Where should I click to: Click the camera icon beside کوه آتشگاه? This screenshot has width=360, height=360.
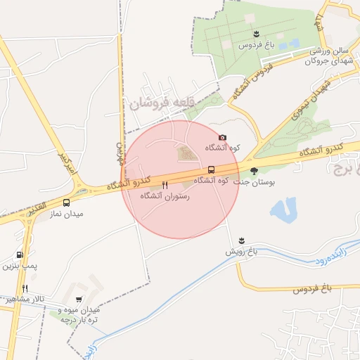[x=223, y=138]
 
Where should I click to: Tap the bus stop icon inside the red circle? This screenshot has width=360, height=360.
[x=211, y=170]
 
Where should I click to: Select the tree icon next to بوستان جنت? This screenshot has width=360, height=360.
[x=254, y=171]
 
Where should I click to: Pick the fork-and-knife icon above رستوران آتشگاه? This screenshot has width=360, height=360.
[x=165, y=184]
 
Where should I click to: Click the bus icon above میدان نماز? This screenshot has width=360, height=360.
[x=66, y=202]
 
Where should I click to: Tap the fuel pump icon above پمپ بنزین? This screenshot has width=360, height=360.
[x=19, y=255]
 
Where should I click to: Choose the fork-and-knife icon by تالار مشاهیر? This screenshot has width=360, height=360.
[x=25, y=288]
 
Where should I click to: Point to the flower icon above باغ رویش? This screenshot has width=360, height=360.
[x=242, y=240]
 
